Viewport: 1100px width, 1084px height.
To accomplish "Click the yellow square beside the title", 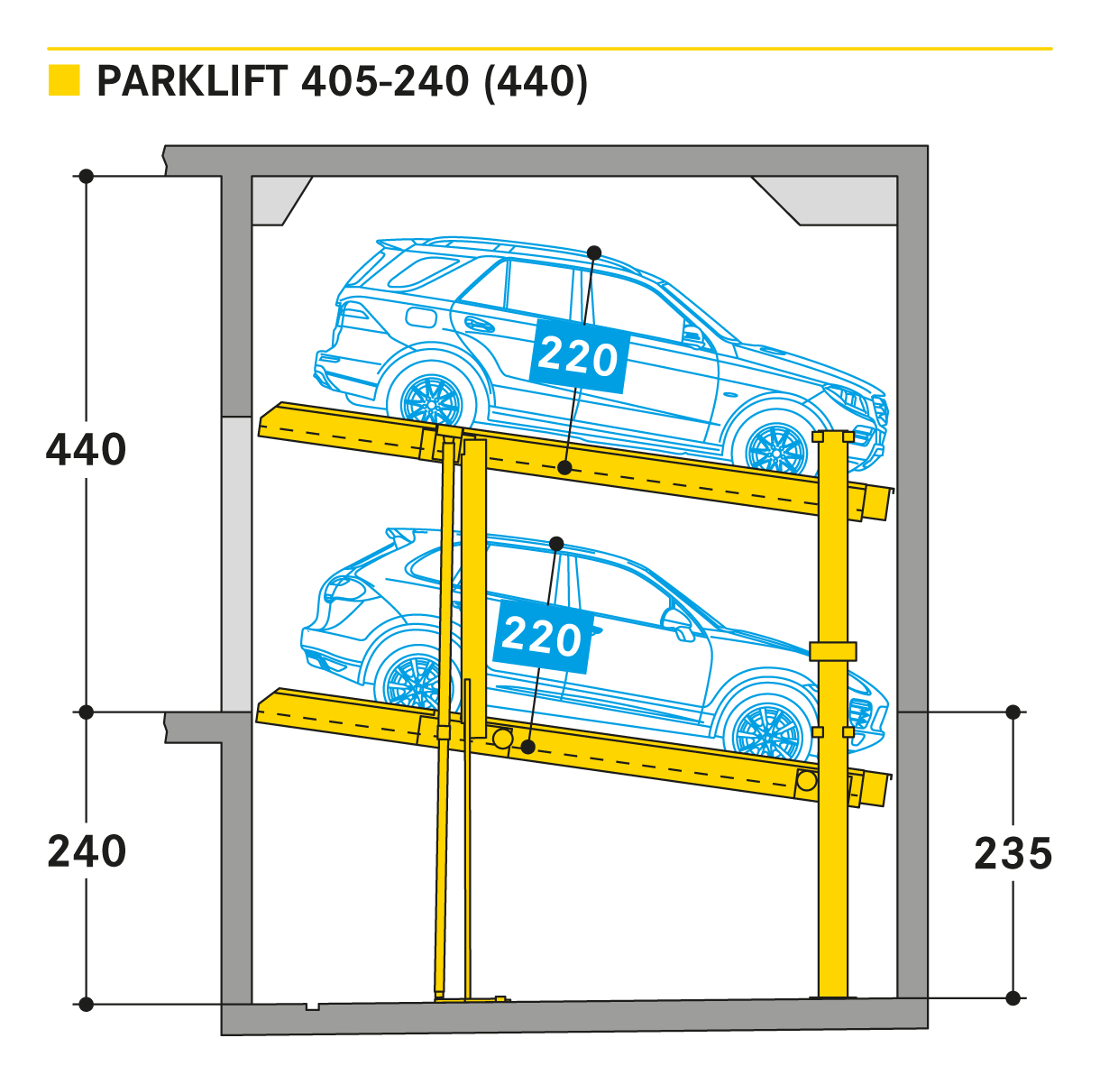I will [64, 80].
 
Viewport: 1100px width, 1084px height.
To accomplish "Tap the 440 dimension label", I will [86, 449].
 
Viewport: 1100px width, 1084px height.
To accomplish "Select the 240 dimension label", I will [87, 851].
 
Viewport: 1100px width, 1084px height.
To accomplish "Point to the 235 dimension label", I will [1013, 853].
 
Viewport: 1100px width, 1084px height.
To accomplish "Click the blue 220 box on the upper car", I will [578, 357].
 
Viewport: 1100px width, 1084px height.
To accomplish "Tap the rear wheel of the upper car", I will [429, 398].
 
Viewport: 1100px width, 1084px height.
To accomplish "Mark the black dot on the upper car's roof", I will [594, 253].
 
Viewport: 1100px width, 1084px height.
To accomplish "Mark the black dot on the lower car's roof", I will [556, 544].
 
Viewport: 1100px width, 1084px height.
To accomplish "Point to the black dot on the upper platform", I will [564, 467].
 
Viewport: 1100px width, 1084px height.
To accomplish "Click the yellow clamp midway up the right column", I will [832, 651].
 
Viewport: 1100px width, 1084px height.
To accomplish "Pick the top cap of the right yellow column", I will [832, 436].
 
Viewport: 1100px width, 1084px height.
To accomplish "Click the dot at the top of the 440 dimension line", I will [87, 176].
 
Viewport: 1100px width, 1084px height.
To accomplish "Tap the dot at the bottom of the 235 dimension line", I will [1013, 998].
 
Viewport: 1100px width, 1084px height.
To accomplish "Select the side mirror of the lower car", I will [675, 620].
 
